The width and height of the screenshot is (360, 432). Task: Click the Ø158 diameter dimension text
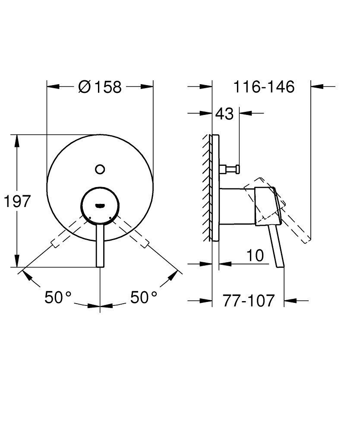(x=100, y=87)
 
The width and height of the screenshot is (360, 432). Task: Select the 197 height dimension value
(x=17, y=201)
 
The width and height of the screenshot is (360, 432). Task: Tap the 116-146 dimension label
(x=264, y=87)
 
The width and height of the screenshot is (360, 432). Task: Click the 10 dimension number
(x=255, y=255)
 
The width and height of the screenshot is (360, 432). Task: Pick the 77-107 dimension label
(x=249, y=300)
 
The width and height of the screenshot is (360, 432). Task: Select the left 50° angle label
(x=57, y=297)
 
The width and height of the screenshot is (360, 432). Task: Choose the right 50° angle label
(x=144, y=297)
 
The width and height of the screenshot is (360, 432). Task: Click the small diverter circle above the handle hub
(x=100, y=169)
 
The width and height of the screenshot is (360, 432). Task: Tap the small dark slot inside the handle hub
(x=100, y=204)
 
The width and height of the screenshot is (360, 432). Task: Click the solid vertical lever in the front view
(x=100, y=246)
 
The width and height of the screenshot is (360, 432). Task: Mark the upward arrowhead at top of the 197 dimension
(x=17, y=140)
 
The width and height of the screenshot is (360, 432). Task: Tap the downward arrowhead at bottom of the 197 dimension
(x=17, y=262)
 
